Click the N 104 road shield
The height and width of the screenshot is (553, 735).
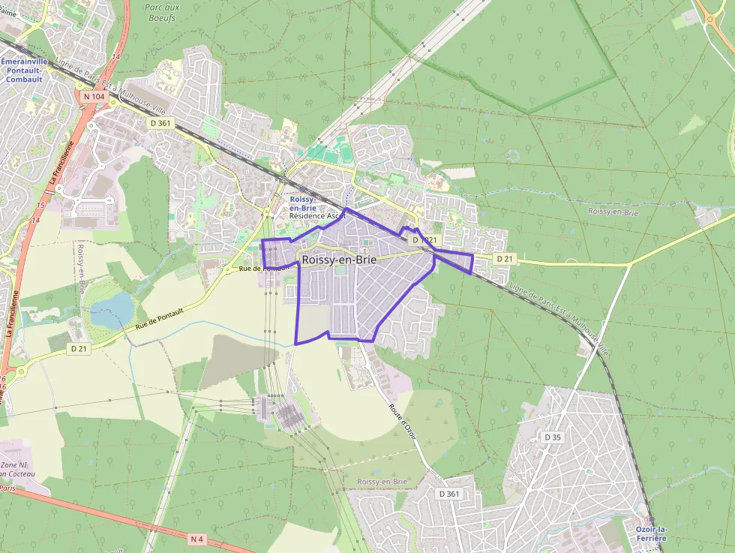tap(94, 97)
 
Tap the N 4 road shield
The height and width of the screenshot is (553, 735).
tap(196, 539)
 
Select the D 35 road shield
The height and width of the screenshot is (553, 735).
tap(553, 437)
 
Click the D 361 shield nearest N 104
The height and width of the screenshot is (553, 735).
tap(160, 123)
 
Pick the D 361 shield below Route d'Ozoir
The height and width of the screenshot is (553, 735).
tap(448, 493)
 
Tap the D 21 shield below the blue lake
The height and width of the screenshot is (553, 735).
tap(79, 349)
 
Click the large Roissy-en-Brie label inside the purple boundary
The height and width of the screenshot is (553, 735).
tap(339, 260)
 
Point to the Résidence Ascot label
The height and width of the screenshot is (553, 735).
tap(318, 215)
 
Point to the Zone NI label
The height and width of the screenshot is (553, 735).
tap(13, 465)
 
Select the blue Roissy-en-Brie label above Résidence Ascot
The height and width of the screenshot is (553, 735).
tap(302, 203)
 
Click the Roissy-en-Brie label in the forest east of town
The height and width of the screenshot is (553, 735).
tap(613, 212)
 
